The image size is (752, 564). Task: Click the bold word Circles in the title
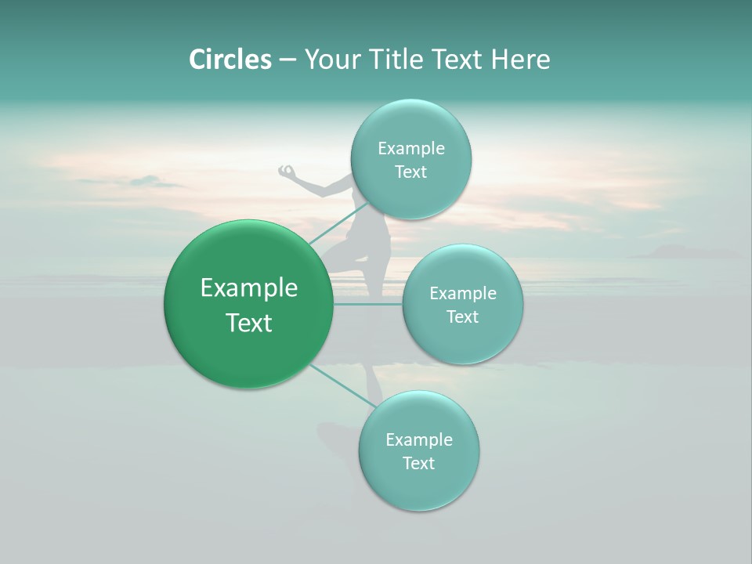coord(230,60)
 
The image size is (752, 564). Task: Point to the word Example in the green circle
coord(249,287)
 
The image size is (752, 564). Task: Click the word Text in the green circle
coord(249,323)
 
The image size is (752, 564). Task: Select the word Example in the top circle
coord(411,148)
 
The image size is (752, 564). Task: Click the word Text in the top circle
coord(410,172)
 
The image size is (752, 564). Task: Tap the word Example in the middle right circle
coord(463,293)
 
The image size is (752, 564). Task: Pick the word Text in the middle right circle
coord(462,316)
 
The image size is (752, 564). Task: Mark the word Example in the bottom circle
coord(419,439)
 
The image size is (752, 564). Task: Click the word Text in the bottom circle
coord(418,463)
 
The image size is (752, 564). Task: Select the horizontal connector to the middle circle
coord(367,304)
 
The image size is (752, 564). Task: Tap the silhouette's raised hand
coord(287,170)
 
